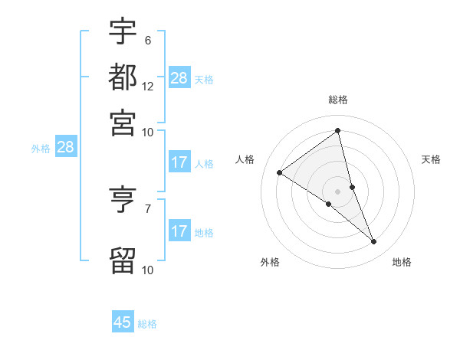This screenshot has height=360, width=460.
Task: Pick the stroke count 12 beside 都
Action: [x=148, y=86]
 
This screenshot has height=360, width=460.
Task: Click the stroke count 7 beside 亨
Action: [x=147, y=208]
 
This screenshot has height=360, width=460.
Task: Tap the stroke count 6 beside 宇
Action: [x=147, y=40]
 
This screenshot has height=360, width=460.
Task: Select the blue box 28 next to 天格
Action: [x=179, y=78]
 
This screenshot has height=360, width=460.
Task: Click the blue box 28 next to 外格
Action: [x=65, y=148]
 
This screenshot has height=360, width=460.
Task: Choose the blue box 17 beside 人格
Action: [x=179, y=162]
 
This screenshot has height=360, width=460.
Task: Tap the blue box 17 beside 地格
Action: [x=179, y=231]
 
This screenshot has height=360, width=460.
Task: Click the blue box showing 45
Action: [x=123, y=322]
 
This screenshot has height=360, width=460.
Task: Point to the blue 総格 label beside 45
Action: [x=147, y=324]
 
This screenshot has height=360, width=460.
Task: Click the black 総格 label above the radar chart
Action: [x=338, y=100]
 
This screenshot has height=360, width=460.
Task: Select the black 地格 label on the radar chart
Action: [x=402, y=263]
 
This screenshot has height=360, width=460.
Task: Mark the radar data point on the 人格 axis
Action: [x=279, y=172]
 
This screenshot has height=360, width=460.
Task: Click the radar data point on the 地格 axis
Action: [x=374, y=242]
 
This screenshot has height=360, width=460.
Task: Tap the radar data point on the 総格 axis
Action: [x=338, y=130]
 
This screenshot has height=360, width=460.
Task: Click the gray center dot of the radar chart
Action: [x=338, y=191]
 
